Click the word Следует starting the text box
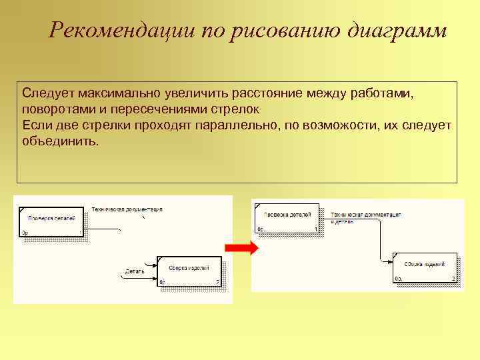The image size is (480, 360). click(x=45, y=93)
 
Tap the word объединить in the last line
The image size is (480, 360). click(x=59, y=142)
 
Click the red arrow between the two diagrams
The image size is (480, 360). click(x=241, y=249)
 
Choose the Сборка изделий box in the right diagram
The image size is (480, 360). click(x=425, y=268)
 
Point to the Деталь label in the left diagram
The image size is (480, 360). click(x=135, y=271)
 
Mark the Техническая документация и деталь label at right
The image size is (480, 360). click(x=366, y=218)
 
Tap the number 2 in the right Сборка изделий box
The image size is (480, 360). click(x=453, y=279)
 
